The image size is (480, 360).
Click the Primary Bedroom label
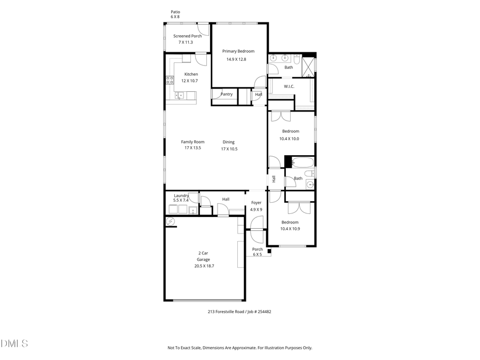click(238, 51)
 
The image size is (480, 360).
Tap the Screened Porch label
click(187, 36)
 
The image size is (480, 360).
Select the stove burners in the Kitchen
click(170, 81)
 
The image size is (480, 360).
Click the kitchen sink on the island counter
click(180, 95)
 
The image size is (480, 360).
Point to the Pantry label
click(227, 94)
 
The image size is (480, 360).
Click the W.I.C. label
click(289, 86)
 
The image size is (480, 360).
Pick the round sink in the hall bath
click(310, 185)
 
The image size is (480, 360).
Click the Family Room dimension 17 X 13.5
click(193, 148)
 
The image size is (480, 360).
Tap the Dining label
click(229, 142)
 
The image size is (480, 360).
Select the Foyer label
click(257, 203)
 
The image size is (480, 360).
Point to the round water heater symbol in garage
click(171, 221)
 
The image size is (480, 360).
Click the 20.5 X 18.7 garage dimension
click(204, 266)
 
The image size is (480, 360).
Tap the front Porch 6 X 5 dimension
click(258, 254)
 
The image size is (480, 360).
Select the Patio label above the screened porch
click(175, 11)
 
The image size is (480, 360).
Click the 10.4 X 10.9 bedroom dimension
click(290, 229)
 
